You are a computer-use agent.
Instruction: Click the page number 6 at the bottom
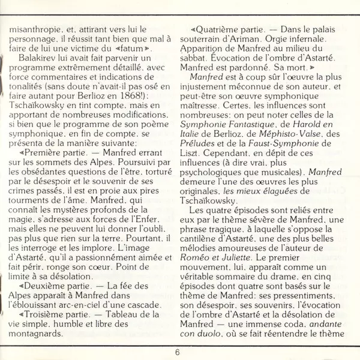point(178,352)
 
